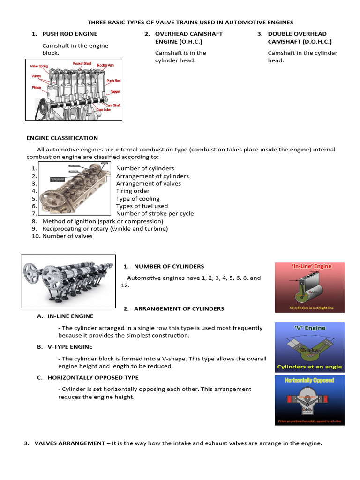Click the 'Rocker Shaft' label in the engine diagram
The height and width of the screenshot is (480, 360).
pyautogui.click(x=82, y=63)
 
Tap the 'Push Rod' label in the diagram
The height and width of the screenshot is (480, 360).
pyautogui.click(x=113, y=81)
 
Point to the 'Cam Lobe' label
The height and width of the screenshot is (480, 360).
pyautogui.click(x=103, y=110)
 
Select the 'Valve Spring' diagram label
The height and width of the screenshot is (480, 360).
pyautogui.click(x=39, y=67)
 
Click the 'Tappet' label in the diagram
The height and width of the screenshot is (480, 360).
pyautogui.click(x=115, y=92)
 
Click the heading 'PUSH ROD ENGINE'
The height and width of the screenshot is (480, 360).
pyautogui.click(x=70, y=34)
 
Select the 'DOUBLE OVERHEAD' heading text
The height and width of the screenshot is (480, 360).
pyautogui.click(x=297, y=34)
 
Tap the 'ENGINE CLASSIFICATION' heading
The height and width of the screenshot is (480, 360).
pyautogui.click(x=62, y=138)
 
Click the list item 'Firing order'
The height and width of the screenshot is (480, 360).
pyautogui.click(x=133, y=191)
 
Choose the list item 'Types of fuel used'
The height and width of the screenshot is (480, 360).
pyautogui.click(x=142, y=206)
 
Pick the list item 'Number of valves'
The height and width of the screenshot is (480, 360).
pyautogui.click(x=67, y=236)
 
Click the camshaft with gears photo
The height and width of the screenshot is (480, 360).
pyautogui.click(x=68, y=280)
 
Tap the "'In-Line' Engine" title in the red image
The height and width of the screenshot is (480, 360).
pyautogui.click(x=311, y=266)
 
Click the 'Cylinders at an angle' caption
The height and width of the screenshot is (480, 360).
pyautogui.click(x=309, y=367)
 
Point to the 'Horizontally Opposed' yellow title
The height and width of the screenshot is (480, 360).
pyautogui.click(x=309, y=380)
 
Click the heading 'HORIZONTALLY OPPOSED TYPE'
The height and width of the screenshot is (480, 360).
pyautogui.click(x=93, y=377)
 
